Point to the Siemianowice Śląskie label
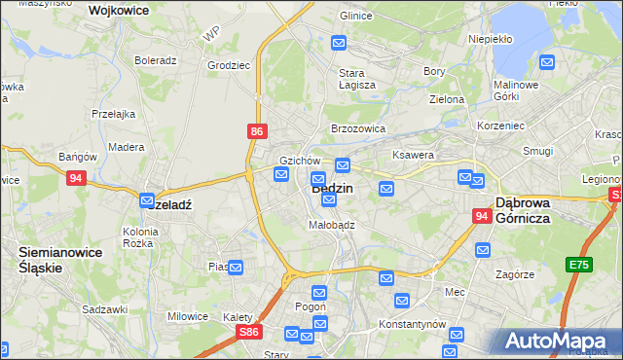click(54, 259)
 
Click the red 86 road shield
click(256, 129)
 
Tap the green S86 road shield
click(250, 333)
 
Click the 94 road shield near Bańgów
click(77, 178)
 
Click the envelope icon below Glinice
click(339, 43)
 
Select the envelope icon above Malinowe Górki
click(547, 63)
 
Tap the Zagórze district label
click(515, 275)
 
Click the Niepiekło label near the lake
click(490, 40)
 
